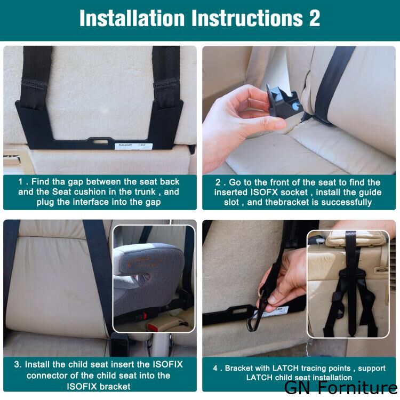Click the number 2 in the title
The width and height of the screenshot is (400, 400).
(x=314, y=18)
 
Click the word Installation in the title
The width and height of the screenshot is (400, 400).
(x=132, y=18)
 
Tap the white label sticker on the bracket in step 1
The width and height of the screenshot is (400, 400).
(x=133, y=146)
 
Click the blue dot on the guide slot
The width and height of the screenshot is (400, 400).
(x=297, y=106)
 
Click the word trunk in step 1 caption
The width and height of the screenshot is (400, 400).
(x=143, y=192)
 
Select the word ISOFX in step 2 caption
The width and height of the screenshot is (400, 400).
(x=264, y=192)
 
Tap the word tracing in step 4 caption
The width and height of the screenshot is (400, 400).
(x=313, y=369)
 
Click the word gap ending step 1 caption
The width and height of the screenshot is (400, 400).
(x=153, y=203)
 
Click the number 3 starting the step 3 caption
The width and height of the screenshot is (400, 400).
(x=17, y=364)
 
